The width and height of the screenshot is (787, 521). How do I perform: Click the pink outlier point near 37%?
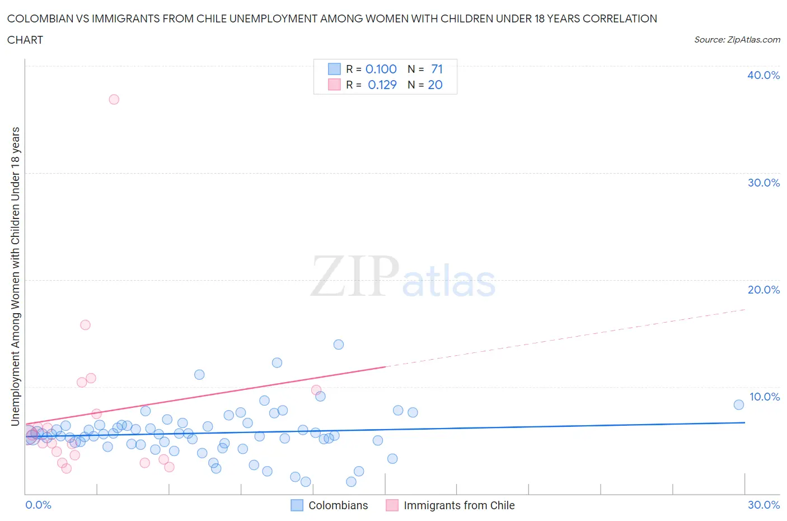point(114,99)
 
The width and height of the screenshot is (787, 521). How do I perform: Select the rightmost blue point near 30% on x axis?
point(738,404)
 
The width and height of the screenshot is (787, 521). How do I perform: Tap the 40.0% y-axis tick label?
point(763,75)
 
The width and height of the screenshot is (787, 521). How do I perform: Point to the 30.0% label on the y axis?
point(763,183)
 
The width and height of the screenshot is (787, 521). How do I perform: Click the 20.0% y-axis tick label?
point(763,290)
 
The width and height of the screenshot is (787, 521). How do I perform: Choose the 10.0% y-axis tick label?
point(764,397)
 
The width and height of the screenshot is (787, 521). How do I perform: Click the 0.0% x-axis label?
point(38,505)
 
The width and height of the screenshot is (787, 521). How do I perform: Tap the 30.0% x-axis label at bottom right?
point(763,505)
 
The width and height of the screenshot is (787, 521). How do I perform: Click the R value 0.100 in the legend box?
point(381,69)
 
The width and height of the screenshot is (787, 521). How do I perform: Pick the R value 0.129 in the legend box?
point(382,85)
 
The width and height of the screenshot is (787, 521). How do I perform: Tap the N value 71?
point(437,69)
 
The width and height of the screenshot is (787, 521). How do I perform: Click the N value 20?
point(435,85)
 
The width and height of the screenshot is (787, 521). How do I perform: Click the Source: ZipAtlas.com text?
point(737,39)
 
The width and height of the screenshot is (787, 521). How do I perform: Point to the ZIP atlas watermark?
point(403,277)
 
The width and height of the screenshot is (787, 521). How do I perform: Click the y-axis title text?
point(16,276)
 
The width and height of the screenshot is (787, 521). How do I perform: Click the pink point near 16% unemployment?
point(85,325)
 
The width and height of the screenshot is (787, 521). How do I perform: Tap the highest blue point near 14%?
point(338,345)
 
